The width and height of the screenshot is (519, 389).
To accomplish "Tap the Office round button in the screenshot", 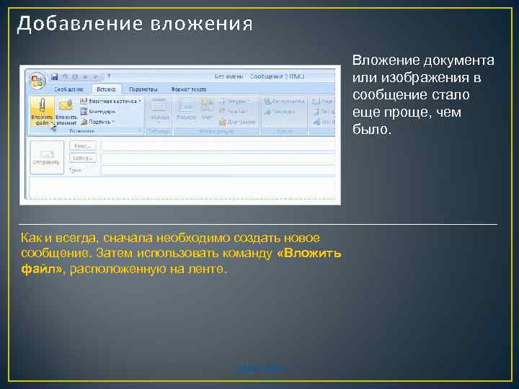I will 36,77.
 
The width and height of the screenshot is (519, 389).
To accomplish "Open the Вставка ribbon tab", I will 106,89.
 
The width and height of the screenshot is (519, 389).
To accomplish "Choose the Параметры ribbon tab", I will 143,89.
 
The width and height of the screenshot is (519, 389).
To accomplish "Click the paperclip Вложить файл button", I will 43,112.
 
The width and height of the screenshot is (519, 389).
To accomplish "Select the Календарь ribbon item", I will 101,112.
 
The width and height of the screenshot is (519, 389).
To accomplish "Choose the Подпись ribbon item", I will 100,121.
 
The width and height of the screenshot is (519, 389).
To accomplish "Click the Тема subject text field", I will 216,170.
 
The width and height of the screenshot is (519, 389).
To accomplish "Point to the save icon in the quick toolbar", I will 53,76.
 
